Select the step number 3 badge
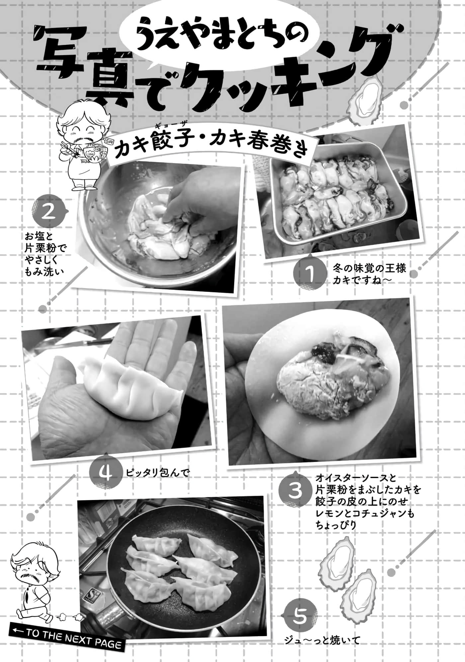click(x=295, y=491)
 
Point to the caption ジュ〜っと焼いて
click(x=323, y=640)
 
